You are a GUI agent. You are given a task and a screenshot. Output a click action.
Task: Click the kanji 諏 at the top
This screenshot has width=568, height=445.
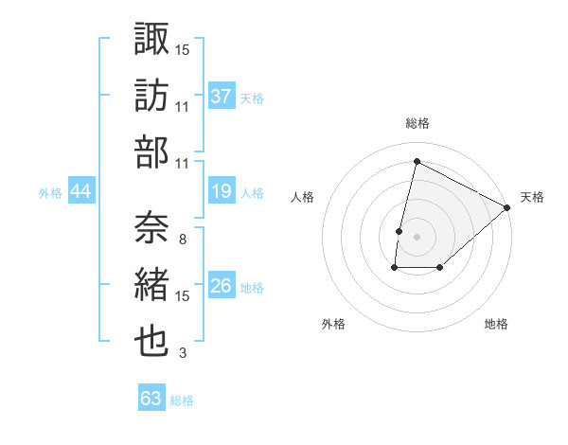pyautogui.click(x=151, y=40)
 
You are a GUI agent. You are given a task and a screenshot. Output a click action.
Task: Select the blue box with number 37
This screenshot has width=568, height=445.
pyautogui.click(x=222, y=96)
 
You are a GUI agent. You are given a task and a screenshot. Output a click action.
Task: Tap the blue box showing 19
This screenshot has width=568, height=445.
pyautogui.click(x=222, y=191)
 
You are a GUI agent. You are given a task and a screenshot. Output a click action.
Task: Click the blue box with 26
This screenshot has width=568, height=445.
pyautogui.click(x=222, y=287)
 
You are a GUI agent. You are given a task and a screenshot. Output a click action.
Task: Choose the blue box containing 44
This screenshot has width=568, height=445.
pyautogui.click(x=81, y=191)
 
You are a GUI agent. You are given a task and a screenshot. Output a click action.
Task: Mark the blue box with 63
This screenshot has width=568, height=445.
pyautogui.click(x=151, y=399)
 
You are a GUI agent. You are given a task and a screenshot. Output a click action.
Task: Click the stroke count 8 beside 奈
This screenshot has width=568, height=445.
pyautogui.click(x=182, y=239)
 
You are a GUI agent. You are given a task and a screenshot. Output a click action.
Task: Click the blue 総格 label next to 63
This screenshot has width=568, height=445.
pyautogui.click(x=183, y=400)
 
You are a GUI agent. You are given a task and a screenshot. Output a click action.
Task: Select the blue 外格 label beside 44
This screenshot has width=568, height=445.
pyautogui.click(x=50, y=193)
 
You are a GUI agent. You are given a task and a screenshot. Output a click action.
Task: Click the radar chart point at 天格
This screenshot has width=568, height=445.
pyautogui.click(x=507, y=207)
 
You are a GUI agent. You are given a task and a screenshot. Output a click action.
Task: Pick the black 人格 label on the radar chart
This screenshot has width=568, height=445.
pyautogui.click(x=303, y=198)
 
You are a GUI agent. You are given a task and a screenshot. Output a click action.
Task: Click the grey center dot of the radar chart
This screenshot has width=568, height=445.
pyautogui.click(x=417, y=237)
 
